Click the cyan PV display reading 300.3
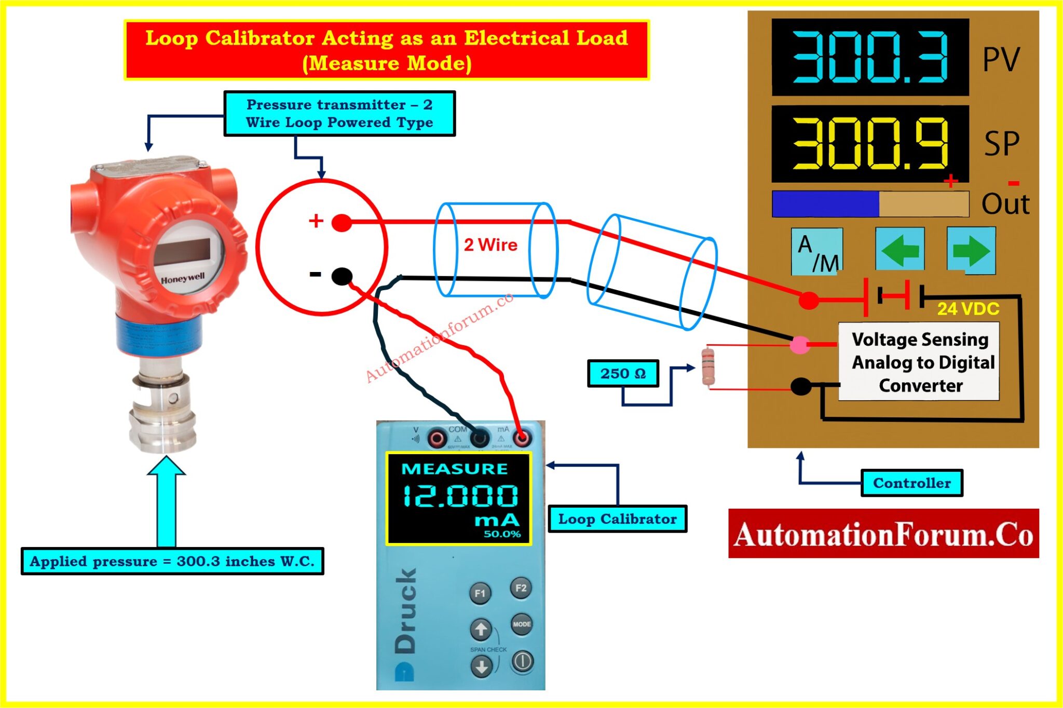[870, 57]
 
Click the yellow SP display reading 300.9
[870, 144]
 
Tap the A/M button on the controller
[816, 252]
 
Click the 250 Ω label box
[623, 373]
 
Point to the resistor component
[707, 367]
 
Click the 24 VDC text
[968, 309]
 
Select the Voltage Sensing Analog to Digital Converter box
[919, 362]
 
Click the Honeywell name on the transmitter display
[183, 279]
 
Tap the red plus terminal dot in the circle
[342, 223]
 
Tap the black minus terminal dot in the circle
[342, 276]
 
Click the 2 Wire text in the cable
[490, 244]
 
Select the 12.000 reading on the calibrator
[460, 496]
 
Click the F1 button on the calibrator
[480, 593]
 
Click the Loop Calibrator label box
[617, 519]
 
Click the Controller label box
[911, 483]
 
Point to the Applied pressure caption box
[172, 561]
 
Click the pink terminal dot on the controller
[799, 344]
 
